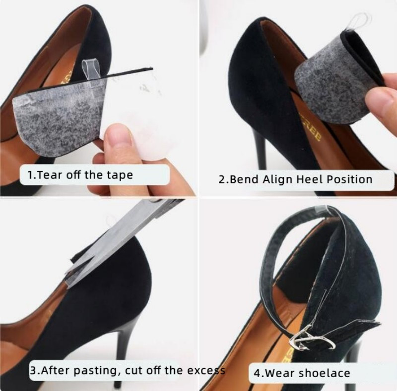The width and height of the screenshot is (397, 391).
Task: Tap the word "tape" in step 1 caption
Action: coord(120,175)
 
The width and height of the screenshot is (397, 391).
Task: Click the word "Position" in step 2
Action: coord(349,179)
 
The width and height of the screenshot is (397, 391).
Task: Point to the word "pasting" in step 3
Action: coord(95,371)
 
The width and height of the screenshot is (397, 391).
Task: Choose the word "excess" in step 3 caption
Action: coord(206,371)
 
